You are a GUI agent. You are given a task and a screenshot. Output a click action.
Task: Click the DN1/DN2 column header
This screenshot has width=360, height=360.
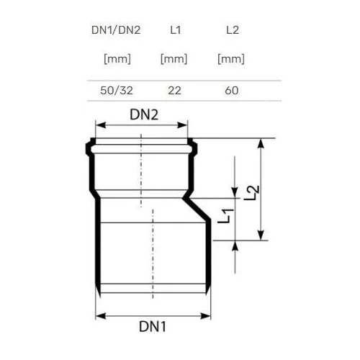[x=116, y=30]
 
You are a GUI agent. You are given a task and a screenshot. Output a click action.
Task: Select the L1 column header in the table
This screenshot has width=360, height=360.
[x=176, y=30]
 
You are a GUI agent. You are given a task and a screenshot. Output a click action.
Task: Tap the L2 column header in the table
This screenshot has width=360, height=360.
[x=233, y=30]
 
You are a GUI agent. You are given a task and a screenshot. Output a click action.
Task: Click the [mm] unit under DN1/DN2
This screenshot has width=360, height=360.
[x=117, y=59]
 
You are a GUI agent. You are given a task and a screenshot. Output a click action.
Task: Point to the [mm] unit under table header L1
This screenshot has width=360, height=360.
[x=174, y=59]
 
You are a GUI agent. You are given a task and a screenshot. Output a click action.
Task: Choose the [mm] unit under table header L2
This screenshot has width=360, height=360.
[x=231, y=59]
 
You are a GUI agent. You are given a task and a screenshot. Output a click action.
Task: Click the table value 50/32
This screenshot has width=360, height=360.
[x=117, y=91]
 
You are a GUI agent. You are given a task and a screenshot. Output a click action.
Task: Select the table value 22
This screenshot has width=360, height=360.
[x=174, y=91]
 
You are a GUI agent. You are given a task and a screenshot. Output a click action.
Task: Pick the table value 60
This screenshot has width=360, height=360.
[x=232, y=91]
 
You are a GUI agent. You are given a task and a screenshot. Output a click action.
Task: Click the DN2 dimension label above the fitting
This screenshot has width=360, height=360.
[x=144, y=114]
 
